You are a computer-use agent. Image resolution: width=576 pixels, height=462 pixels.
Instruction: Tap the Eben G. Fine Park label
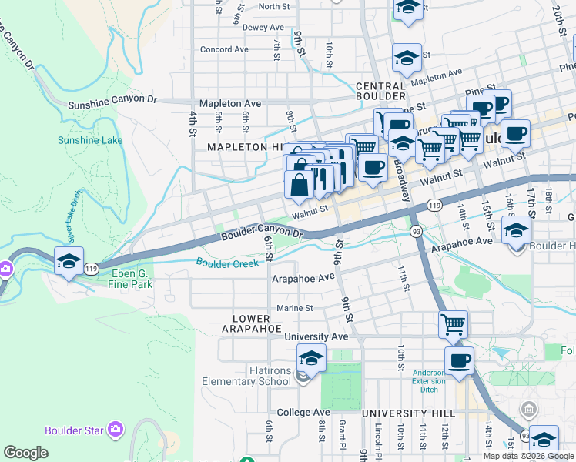(121, 278)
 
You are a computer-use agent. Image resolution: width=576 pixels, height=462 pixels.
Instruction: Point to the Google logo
(25, 453)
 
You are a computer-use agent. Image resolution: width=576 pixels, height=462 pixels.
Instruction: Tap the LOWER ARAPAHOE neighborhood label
(252, 323)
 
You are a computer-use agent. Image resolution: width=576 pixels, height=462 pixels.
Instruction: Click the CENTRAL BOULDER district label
(380, 91)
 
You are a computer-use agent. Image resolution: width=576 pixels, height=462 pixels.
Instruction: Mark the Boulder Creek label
(227, 263)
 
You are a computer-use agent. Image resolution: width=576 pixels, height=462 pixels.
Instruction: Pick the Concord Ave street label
(224, 49)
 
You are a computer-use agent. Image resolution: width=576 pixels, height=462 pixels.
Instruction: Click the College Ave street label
(303, 413)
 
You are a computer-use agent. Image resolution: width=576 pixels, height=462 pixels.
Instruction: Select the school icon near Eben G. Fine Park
(69, 261)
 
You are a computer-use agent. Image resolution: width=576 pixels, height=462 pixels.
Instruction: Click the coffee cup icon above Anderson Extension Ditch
(459, 360)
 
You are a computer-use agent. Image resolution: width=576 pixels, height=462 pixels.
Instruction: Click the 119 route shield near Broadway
(434, 206)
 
